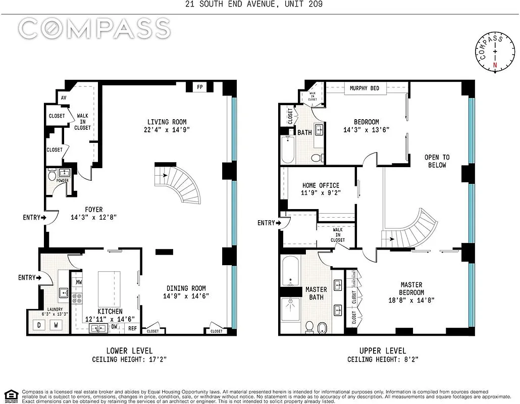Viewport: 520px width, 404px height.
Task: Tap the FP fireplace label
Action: click(200, 87)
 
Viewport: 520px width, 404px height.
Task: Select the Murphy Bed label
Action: click(364, 88)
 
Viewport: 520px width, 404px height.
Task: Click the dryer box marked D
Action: click(39, 325)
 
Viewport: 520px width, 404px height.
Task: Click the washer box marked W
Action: click(56, 325)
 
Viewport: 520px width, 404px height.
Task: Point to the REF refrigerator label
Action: click(132, 328)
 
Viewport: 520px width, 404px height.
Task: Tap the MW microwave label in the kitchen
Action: click(79, 281)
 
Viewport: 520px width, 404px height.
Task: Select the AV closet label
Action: click(64, 98)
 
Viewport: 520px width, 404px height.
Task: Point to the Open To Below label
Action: click(437, 161)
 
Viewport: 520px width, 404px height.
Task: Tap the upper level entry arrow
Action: click(268, 223)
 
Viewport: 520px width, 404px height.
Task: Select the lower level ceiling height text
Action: click(129, 360)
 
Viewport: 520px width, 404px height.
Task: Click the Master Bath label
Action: click(316, 293)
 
